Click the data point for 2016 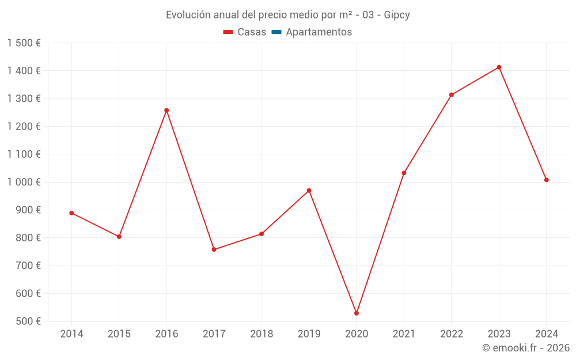166,110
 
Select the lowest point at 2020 357,313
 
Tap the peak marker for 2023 499,67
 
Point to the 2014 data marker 71,213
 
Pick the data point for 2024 547,180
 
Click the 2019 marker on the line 309,191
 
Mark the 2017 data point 214,249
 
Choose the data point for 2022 452,94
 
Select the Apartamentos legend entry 319,32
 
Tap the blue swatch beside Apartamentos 276,32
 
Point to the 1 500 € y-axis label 24,43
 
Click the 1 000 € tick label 24,182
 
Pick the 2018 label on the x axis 262,334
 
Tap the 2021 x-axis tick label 404,334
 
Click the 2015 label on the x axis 119,334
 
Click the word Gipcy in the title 397,15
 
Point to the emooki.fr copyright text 525,348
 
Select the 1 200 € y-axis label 24,126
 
